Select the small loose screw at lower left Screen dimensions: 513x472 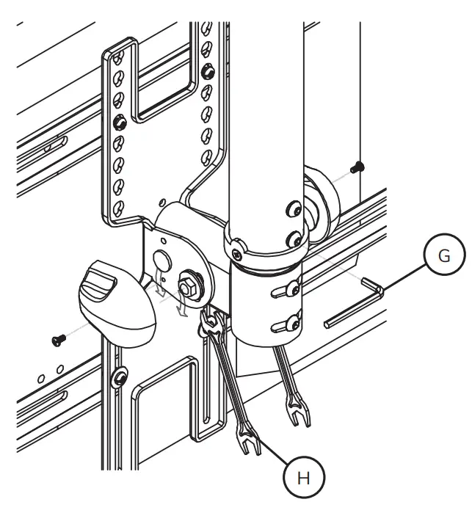[x=57, y=339]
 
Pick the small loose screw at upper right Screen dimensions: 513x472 [x=357, y=167]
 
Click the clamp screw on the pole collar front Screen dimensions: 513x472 [x=236, y=254]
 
